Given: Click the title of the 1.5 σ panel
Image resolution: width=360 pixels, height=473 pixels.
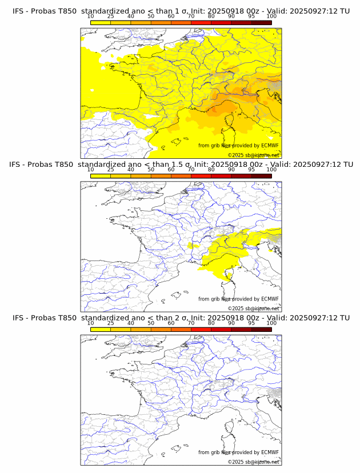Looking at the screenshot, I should [181, 165].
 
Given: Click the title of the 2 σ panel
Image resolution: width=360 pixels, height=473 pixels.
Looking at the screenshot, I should [181, 318].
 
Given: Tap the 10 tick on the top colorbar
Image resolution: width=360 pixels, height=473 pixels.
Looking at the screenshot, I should [91, 17].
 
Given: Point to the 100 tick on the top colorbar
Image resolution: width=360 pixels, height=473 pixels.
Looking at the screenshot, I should [271, 17].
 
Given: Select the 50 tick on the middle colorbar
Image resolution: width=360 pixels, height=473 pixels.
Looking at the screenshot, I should [151, 170].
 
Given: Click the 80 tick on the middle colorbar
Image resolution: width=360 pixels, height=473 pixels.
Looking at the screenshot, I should [211, 170].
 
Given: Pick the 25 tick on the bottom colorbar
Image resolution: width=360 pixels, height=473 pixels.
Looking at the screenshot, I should [111, 323].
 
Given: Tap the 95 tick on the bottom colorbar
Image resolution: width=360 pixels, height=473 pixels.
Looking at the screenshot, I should [251, 323].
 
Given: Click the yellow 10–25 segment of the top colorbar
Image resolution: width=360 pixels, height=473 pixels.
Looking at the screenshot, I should [101, 22].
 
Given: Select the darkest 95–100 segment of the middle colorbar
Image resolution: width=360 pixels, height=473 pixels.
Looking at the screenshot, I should [261, 176].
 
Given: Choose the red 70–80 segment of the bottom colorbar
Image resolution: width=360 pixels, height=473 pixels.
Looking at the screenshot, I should [201, 329].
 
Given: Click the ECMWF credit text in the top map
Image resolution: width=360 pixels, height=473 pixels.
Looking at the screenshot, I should [238, 146].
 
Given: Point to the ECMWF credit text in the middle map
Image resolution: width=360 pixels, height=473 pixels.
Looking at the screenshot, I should [238, 299].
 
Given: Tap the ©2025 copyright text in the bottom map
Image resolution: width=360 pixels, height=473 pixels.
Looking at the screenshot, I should [253, 462].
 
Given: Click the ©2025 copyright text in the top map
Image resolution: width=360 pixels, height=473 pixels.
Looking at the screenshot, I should [253, 155].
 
